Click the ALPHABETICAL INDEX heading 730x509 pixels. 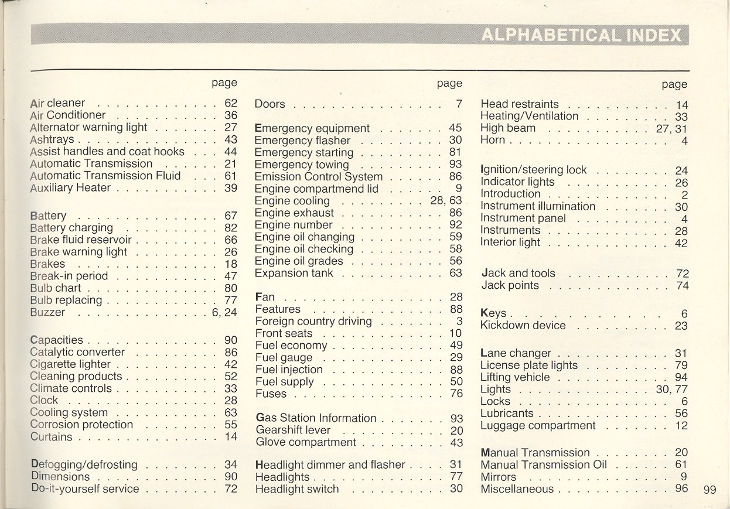pos(582,35)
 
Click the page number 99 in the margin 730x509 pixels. pos(709,490)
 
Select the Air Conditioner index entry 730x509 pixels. pos(68,115)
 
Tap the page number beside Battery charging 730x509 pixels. pos(231,228)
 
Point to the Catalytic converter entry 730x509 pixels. pos(77,352)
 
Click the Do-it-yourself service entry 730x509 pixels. pos(85,488)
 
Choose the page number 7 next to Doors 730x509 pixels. pos(459,104)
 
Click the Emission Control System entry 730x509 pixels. pos(319,176)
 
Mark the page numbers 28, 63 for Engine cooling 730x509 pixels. pos(446,201)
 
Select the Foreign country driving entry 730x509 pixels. pos(313,321)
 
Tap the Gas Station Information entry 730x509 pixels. pos(316,418)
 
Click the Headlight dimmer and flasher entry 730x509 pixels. pos(330,464)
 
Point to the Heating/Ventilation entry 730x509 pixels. pos(529,116)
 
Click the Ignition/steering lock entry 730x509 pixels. pos(533,170)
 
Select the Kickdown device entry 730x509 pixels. pos(523,325)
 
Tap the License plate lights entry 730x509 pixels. pos(529,365)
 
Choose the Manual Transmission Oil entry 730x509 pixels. pos(544,464)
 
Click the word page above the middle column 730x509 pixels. pos(449,83)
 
